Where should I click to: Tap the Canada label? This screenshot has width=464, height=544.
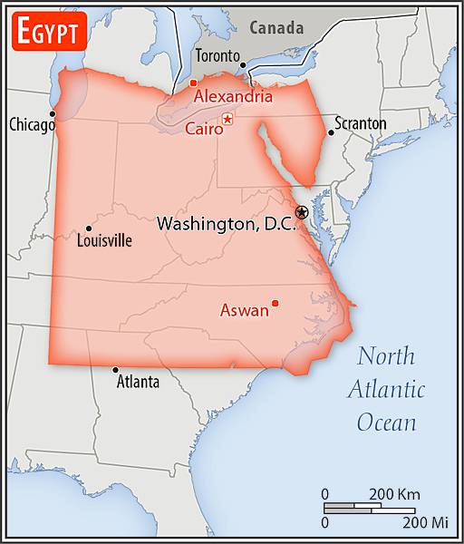(x=276, y=28)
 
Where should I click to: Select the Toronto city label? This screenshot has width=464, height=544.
(x=217, y=56)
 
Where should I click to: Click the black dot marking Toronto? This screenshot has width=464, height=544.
(x=243, y=65)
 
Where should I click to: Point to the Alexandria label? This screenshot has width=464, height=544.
(x=233, y=95)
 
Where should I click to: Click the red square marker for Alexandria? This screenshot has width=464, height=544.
(x=193, y=83)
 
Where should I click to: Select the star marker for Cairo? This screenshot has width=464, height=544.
(x=227, y=120)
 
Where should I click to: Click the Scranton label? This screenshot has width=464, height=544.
(x=360, y=123)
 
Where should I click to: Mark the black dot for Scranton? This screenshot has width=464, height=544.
(x=331, y=132)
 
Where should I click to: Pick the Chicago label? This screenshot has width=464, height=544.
(x=32, y=125)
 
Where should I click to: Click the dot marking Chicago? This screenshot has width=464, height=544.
(x=53, y=114)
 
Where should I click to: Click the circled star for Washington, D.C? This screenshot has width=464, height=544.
(x=302, y=212)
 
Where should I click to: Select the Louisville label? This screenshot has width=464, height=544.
(x=104, y=241)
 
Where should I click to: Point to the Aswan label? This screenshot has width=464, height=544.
(x=244, y=311)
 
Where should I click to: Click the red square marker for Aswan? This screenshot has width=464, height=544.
(x=275, y=303)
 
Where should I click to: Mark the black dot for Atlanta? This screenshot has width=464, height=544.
(x=115, y=369)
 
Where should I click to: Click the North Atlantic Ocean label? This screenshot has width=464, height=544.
(x=387, y=389)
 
